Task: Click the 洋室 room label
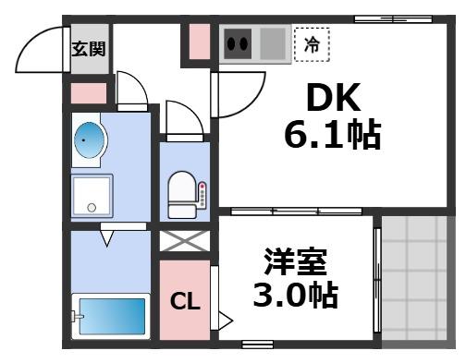click(x=296, y=261)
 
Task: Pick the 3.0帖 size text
click(x=296, y=296)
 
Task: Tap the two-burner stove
click(x=239, y=42)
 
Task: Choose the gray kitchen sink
click(x=273, y=42)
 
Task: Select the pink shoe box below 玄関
click(x=89, y=93)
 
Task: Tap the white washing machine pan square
click(x=92, y=195)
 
